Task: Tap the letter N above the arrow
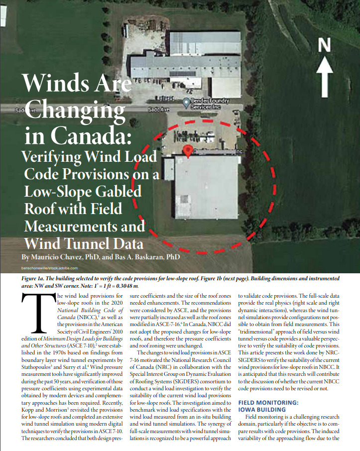pos(325,45)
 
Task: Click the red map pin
pos(188,151)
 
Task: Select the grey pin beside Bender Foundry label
pos(186,103)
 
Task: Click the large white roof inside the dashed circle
pos(206,187)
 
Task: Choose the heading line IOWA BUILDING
pos(262,409)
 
